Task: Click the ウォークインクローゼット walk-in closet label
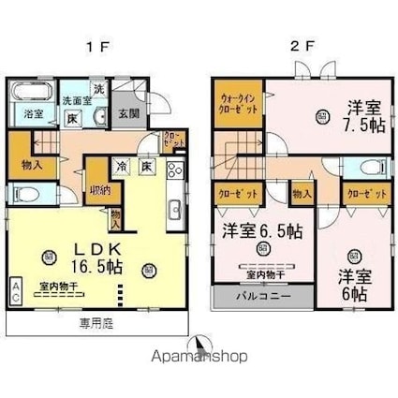(239, 101)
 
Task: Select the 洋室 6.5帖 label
(261, 229)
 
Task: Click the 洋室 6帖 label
(351, 284)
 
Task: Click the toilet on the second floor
(371, 170)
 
